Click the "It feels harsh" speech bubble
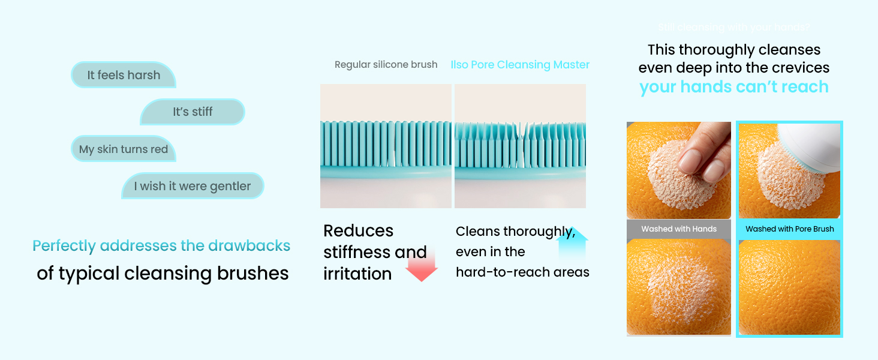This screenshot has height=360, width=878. pyautogui.click(x=124, y=75)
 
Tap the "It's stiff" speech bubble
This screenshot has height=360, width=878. pyautogui.click(x=193, y=112)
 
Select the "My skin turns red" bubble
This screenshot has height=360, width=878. pyautogui.click(x=124, y=149)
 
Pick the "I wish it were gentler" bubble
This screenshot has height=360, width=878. pyautogui.click(x=193, y=186)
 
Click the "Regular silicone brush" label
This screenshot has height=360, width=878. pyautogui.click(x=386, y=65)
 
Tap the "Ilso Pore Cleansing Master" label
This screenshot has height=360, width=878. pyautogui.click(x=520, y=65)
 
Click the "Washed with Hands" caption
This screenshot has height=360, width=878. pyautogui.click(x=679, y=229)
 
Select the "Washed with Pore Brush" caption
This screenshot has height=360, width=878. pyautogui.click(x=790, y=229)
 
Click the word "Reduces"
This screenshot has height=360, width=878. pyautogui.click(x=358, y=231)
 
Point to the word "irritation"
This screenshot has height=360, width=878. pyautogui.click(x=357, y=274)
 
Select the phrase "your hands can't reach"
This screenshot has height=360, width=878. pyautogui.click(x=733, y=87)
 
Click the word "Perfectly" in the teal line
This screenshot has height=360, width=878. pyautogui.click(x=64, y=246)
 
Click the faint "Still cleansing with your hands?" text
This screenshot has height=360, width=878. pyautogui.click(x=733, y=28)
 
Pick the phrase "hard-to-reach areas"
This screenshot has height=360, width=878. pyautogui.click(x=522, y=272)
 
